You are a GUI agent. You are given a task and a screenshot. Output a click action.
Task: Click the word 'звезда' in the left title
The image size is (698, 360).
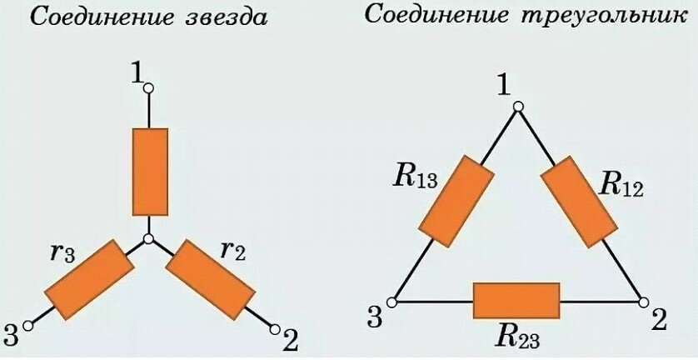point(221,17)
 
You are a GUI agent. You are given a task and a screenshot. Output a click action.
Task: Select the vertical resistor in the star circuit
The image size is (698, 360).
point(150,172)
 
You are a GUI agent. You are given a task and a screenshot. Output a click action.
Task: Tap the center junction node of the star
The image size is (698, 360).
point(149,240)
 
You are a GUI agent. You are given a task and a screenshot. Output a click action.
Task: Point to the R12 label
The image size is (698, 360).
point(621,183)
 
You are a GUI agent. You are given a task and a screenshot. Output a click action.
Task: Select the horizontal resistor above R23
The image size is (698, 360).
point(516,300)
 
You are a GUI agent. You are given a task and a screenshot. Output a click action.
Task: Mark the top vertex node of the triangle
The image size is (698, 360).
point(517,106)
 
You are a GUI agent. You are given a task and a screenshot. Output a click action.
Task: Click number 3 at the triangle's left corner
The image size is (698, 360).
point(375,317)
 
